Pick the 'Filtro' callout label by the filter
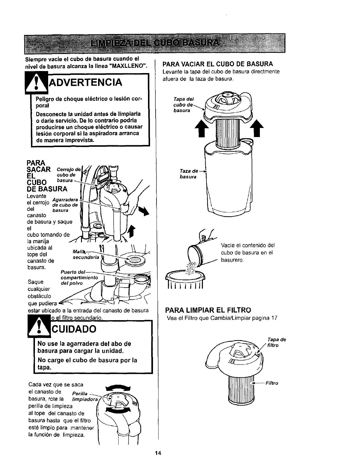click(x=272, y=383)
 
